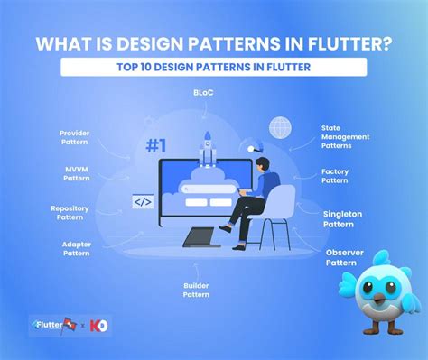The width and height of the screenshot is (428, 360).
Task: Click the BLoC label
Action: (203, 93)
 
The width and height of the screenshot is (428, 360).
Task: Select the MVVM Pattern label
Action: (77, 173)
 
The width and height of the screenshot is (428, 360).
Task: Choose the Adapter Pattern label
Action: (76, 249)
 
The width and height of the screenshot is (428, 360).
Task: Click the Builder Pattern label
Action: (196, 290)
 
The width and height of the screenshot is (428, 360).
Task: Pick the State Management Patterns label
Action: (342, 137)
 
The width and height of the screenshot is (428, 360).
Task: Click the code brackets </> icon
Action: (143, 202)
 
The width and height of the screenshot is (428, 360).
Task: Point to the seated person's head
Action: (260, 164)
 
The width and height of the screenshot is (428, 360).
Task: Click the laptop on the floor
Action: (201, 238)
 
